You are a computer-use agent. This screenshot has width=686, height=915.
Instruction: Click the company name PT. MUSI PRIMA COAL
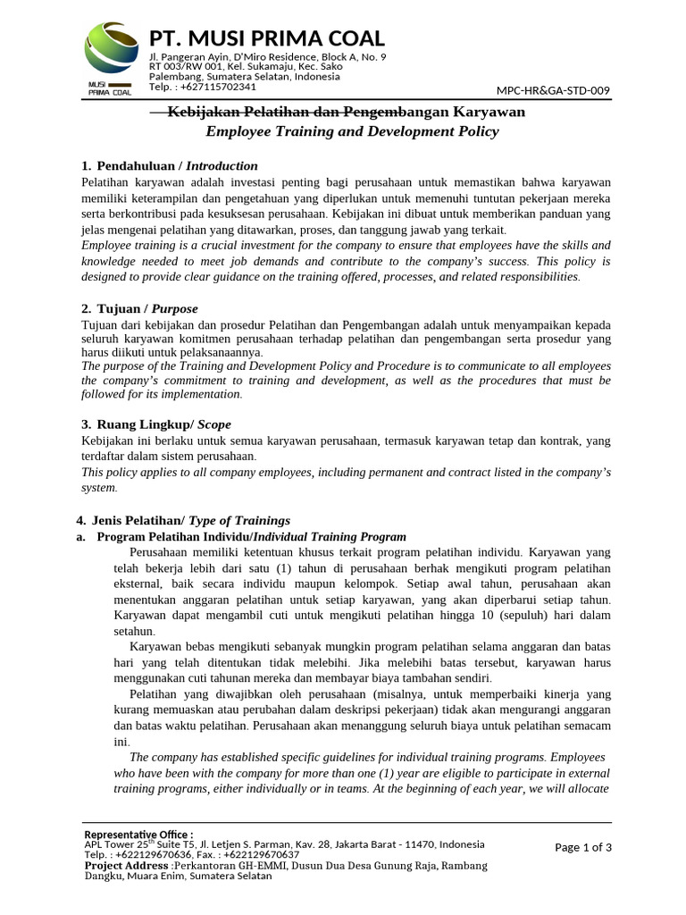tap(267, 38)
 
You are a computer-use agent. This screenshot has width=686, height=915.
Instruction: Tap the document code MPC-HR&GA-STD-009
tap(554, 90)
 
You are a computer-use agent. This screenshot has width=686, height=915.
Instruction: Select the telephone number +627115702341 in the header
tap(218, 87)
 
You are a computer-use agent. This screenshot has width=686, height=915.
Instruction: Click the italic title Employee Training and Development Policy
tap(352, 131)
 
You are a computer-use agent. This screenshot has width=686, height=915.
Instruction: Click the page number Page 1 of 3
tap(583, 847)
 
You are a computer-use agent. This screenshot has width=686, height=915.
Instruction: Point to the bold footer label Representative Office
tap(138, 835)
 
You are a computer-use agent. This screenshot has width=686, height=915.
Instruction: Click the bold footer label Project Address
tap(129, 866)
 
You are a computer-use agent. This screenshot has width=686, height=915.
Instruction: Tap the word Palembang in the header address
tap(174, 77)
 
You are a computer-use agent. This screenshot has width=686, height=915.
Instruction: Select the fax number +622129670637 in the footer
tap(260, 855)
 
